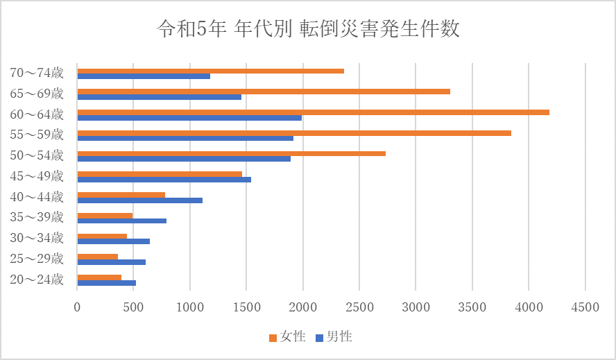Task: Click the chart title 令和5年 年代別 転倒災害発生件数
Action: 308,29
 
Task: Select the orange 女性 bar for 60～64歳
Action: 313,112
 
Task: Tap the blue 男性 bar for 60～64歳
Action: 189,118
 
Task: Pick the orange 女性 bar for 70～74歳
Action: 210,71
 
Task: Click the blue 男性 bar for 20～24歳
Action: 106,283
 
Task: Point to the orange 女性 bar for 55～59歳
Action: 294,133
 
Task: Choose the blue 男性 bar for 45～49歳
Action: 164,180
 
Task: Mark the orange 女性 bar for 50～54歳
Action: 231,153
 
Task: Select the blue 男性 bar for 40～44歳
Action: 139,200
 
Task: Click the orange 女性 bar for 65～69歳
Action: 264,92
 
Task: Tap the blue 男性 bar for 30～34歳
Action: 113,241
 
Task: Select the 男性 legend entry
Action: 334,337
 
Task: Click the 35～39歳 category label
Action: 37,218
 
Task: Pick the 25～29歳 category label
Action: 37,259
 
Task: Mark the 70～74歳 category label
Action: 37,72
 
